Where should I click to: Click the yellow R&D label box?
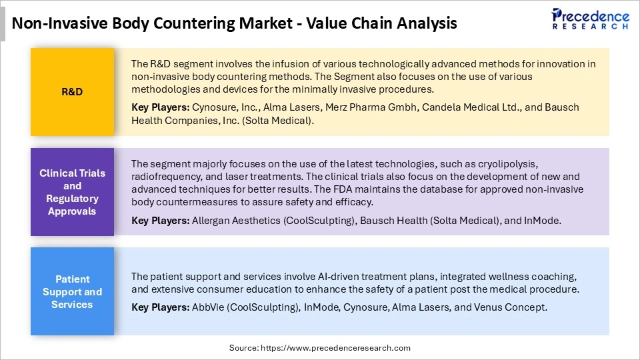72,92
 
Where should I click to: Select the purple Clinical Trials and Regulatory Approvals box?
72,192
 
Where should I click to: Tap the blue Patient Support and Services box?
72,292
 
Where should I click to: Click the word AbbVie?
209,307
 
